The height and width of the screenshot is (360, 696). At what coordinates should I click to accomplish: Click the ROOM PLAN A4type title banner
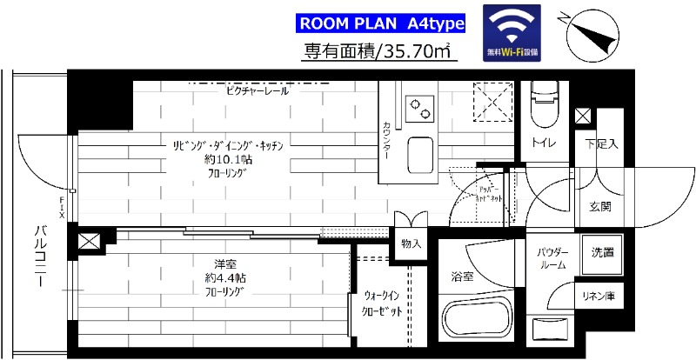click(x=380, y=22)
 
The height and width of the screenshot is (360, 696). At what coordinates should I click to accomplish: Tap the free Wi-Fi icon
click(x=512, y=33)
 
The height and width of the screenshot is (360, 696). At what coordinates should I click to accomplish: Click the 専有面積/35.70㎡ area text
click(x=380, y=52)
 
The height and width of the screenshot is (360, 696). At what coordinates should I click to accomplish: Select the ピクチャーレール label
click(x=257, y=90)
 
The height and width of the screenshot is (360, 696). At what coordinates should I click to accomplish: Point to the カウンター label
click(x=385, y=139)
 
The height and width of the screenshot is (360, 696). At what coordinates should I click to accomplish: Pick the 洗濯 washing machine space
click(x=602, y=254)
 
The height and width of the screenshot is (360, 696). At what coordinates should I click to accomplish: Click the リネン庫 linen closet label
click(x=599, y=297)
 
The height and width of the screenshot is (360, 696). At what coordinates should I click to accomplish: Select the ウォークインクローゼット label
click(x=383, y=303)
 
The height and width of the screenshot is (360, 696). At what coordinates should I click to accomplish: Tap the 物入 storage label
click(x=411, y=244)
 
